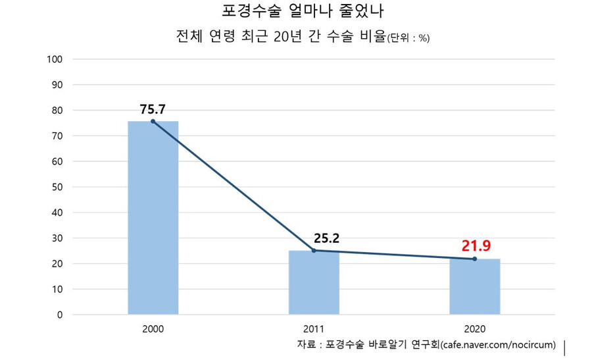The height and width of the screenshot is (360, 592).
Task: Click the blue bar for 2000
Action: pyautogui.click(x=153, y=218)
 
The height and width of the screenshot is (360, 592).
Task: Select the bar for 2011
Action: pyautogui.click(x=314, y=282)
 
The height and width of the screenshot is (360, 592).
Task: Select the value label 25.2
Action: pyautogui.click(x=326, y=238)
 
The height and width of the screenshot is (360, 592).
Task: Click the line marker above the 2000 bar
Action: pyautogui.click(x=153, y=121)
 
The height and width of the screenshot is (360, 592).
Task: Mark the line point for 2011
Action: pyautogui.click(x=314, y=251)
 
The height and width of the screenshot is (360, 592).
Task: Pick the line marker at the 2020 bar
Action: pyautogui.click(x=474, y=259)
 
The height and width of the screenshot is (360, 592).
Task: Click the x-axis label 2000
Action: pyautogui.click(x=153, y=328)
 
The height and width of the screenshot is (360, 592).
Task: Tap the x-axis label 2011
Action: pyautogui.click(x=314, y=328)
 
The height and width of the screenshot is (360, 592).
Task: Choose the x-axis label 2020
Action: pyautogui.click(x=474, y=328)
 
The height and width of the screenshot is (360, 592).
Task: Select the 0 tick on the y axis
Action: pyautogui.click(x=59, y=315)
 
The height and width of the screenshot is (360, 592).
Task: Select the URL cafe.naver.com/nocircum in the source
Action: pyautogui.click(x=498, y=344)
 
